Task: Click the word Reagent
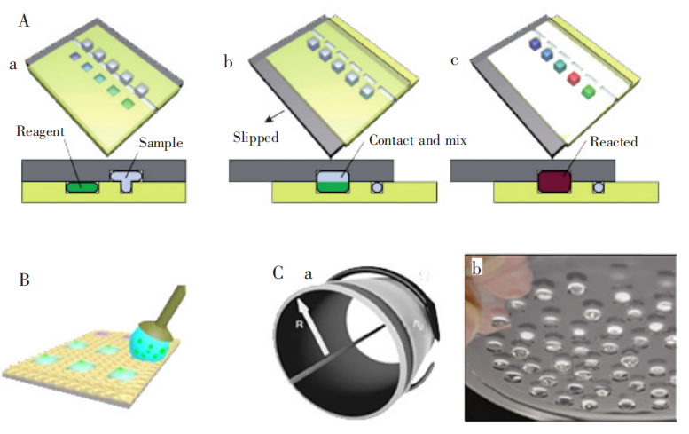click(41, 131)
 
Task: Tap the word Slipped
click(255, 138)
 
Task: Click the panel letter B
click(25, 281)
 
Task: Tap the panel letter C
click(278, 272)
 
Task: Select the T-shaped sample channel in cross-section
click(127, 181)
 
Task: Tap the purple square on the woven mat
click(100, 332)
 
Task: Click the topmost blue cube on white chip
click(534, 43)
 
